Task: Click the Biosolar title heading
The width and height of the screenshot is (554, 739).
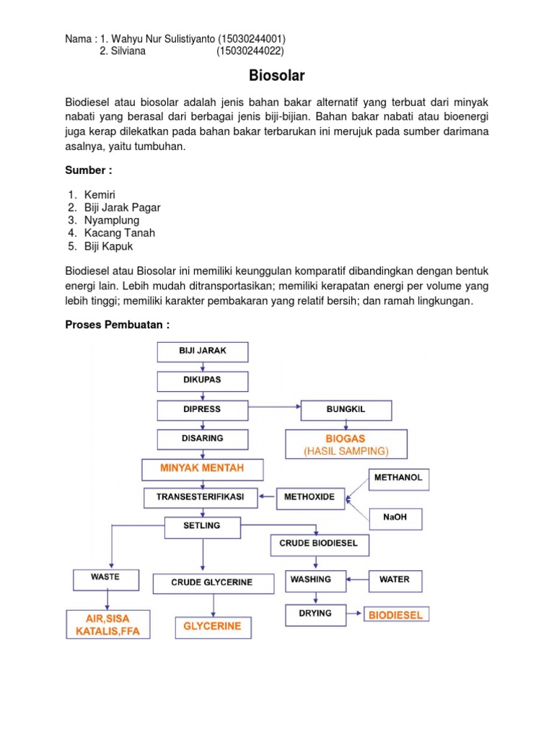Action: tap(277, 75)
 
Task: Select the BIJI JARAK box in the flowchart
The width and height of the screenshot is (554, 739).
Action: tap(203, 351)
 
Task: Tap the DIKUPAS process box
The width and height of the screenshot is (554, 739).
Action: tap(203, 380)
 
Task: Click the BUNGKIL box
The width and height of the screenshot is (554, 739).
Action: tap(346, 410)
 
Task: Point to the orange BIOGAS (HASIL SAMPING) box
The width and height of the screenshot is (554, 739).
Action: tap(346, 445)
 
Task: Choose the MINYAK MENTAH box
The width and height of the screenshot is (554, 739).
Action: tap(203, 469)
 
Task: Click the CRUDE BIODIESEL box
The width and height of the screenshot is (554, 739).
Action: tap(319, 544)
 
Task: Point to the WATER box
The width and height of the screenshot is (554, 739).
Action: tap(395, 580)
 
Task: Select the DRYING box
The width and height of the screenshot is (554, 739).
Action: tap(315, 613)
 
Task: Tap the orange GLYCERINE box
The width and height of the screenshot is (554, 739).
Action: tap(212, 627)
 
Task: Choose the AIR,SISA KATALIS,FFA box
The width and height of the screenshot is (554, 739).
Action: tap(107, 626)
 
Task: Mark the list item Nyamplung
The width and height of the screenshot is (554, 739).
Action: tap(112, 220)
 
